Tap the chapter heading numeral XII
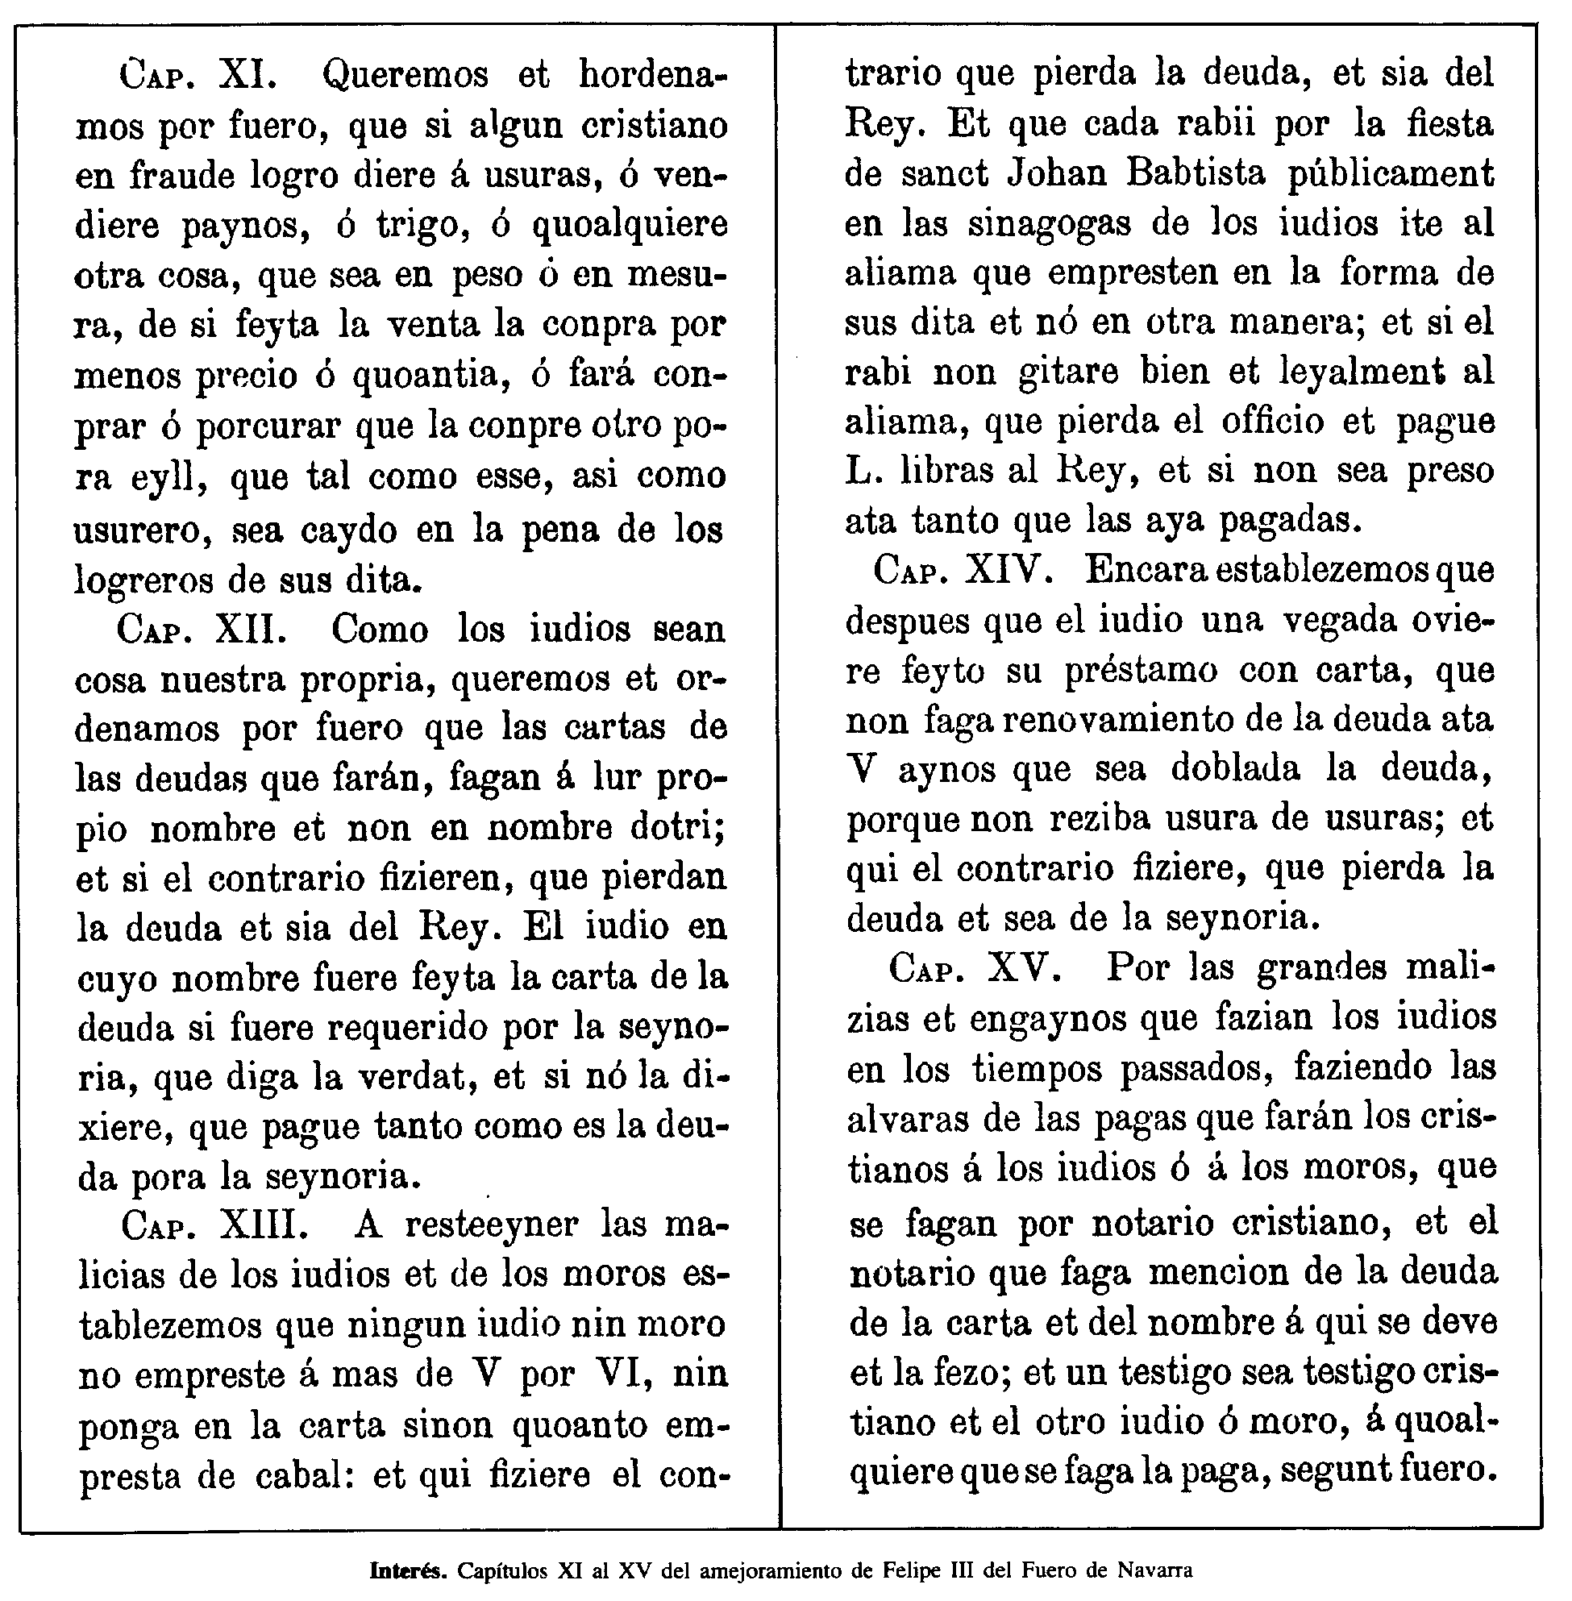(x=251, y=629)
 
